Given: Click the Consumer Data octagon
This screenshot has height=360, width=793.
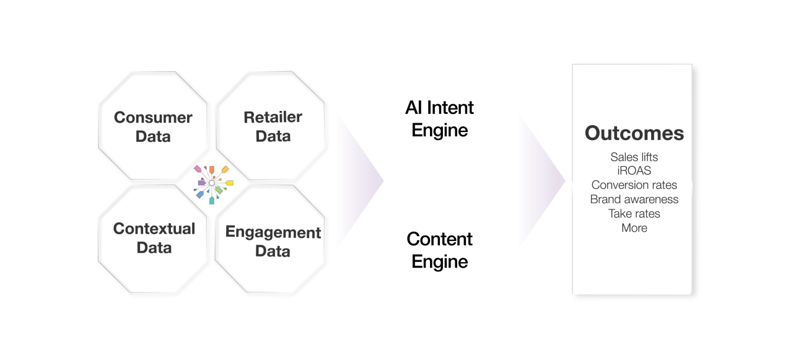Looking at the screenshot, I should [153, 126].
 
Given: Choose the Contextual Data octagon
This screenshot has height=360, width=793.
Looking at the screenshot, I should [154, 238].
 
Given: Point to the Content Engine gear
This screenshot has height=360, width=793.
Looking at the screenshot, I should [439, 250].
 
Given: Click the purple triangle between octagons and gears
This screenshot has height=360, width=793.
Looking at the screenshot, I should [356, 181].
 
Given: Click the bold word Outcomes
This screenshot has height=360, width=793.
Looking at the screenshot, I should [634, 133].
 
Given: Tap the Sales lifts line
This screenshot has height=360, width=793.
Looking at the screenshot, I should [634, 157].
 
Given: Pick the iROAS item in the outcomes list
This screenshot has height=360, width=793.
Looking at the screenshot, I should [634, 171].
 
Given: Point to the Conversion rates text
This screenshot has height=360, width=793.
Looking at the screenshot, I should [634, 185].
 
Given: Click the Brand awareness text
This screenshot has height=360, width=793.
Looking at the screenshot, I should [634, 200].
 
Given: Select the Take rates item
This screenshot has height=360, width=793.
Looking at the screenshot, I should [634, 214].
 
